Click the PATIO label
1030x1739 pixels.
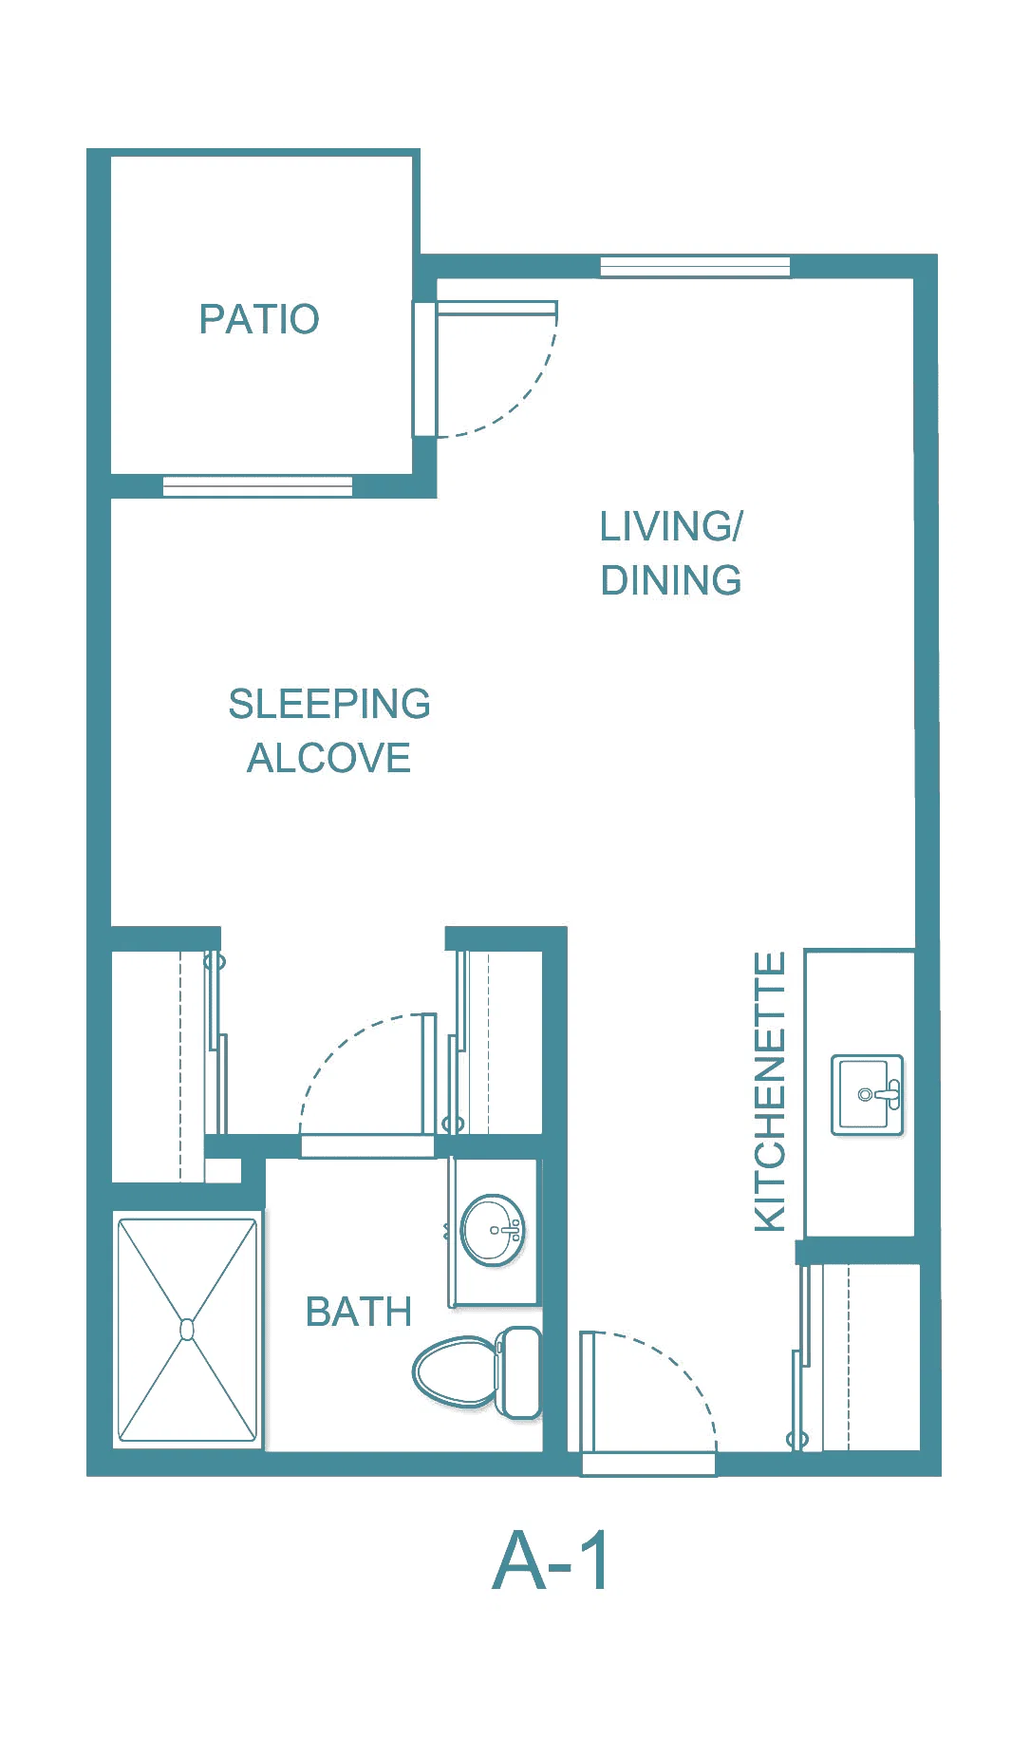click(259, 319)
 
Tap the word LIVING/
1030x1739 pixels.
click(671, 526)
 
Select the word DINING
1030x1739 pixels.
click(671, 580)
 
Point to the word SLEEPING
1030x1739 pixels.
click(329, 704)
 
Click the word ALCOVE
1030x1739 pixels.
click(329, 758)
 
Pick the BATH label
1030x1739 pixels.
click(359, 1312)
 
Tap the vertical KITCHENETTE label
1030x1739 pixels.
click(770, 1092)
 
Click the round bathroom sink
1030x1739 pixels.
click(493, 1230)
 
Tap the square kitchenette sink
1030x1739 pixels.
click(867, 1094)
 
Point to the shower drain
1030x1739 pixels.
click(187, 1330)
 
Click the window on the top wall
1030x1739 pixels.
click(695, 267)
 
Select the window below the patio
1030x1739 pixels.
click(257, 486)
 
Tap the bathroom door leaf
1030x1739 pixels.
click(429, 1073)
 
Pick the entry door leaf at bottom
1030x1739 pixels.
click(587, 1391)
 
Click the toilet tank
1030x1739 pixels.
click(518, 1371)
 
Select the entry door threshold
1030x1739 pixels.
click(648, 1464)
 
